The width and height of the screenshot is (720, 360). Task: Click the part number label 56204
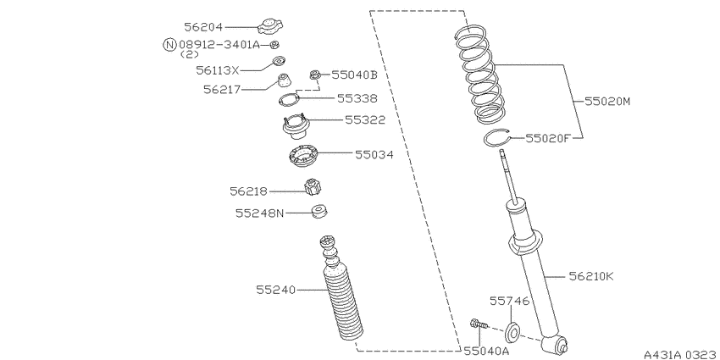[x=203, y=27]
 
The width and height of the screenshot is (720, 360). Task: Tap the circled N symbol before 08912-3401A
[x=170, y=45]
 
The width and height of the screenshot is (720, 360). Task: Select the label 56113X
[x=218, y=70]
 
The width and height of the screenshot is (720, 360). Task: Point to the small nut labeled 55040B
[x=315, y=75]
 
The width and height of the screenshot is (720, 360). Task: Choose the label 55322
[x=365, y=119]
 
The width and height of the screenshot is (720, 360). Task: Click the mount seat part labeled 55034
[x=303, y=156]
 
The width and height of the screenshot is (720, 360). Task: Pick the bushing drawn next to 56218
[x=313, y=186]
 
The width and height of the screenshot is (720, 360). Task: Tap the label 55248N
[x=260, y=213]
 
